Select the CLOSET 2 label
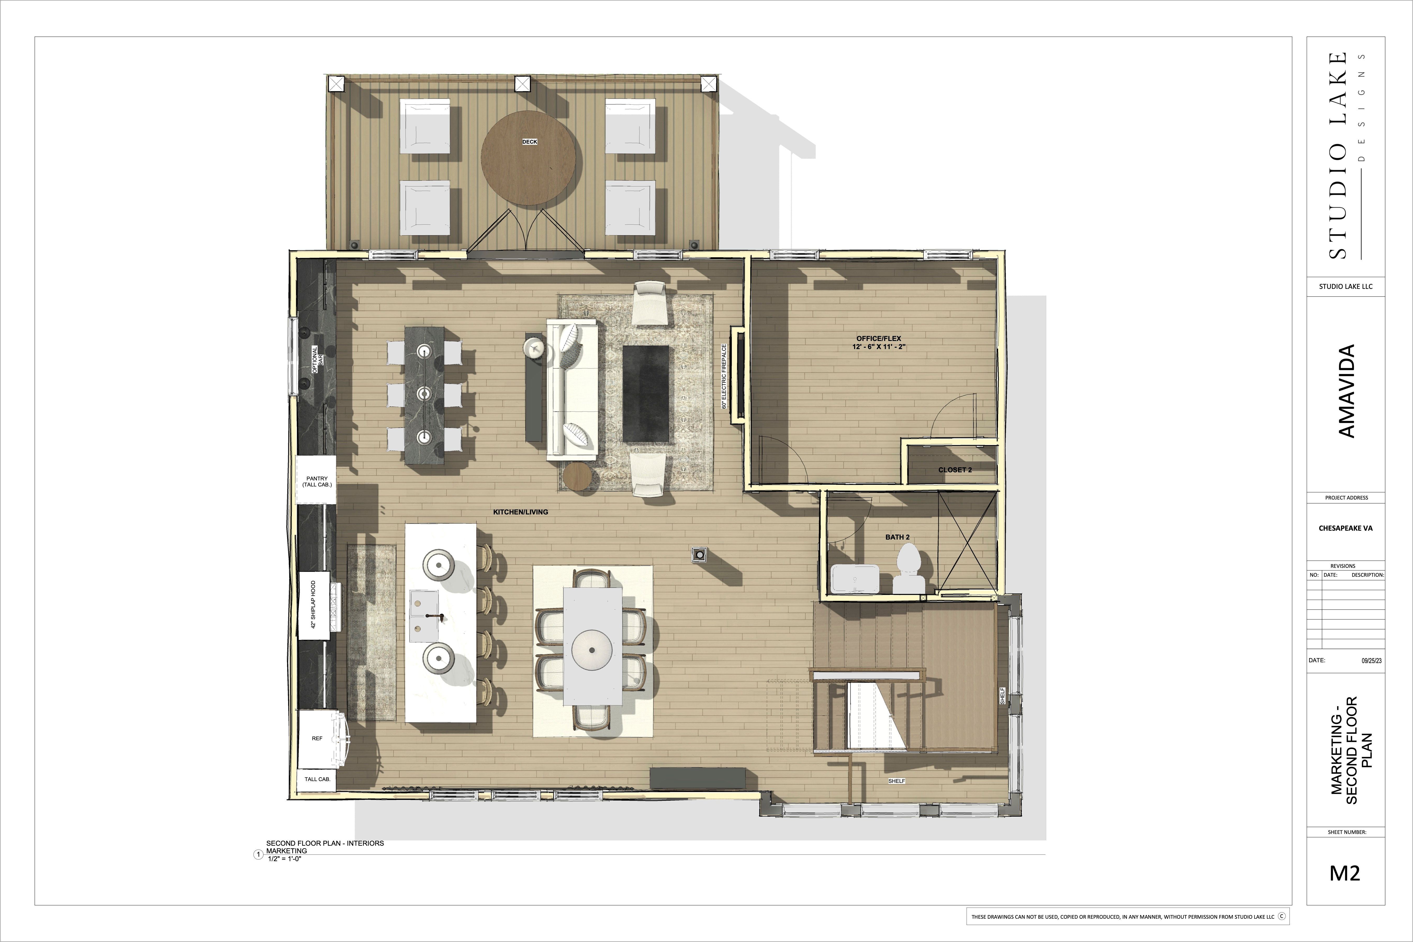point(955,470)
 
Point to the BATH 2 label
point(898,537)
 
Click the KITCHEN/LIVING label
point(520,512)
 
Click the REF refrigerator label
point(317,738)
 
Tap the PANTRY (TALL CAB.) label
point(317,481)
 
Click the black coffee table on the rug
point(646,393)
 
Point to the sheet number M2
point(1344,873)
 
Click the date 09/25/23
point(1372,661)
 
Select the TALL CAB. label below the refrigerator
point(317,779)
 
